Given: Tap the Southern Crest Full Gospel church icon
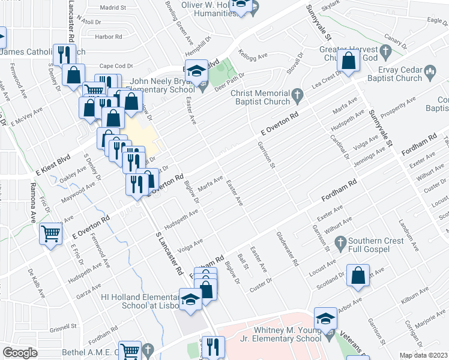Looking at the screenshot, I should click(340, 244).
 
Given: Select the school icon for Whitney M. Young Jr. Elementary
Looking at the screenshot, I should click(325, 319).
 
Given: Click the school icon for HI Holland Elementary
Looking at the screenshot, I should click(190, 298).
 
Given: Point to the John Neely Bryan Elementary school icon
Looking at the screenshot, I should click(196, 71).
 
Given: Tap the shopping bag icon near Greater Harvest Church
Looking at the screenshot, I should click(349, 60).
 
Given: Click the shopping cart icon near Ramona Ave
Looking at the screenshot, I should click(50, 233).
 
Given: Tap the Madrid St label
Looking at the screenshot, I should click(113, 8).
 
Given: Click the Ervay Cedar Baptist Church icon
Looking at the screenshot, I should click(430, 72).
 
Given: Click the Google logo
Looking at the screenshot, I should click(19, 353).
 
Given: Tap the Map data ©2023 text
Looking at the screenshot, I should click(424, 355).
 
